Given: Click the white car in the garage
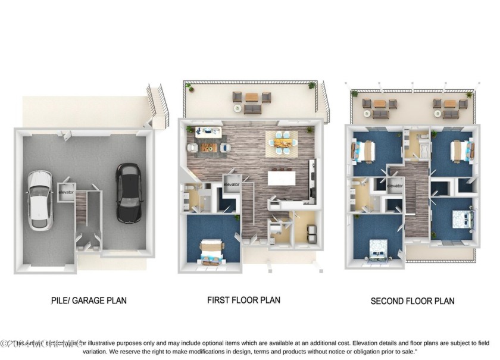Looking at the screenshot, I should coord(39,200).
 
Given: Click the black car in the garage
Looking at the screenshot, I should coord(129,193).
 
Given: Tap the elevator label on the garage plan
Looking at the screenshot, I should coord(66,192).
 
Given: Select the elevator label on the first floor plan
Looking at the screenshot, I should coord(232,184).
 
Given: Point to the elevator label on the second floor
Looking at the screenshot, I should coord(395,186).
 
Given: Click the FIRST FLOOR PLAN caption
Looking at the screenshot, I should coord(243,300).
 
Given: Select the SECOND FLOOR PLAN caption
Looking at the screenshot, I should coord(412,301).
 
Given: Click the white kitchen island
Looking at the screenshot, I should coord(282,178).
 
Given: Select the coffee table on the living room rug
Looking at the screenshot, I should coord(208,146).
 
